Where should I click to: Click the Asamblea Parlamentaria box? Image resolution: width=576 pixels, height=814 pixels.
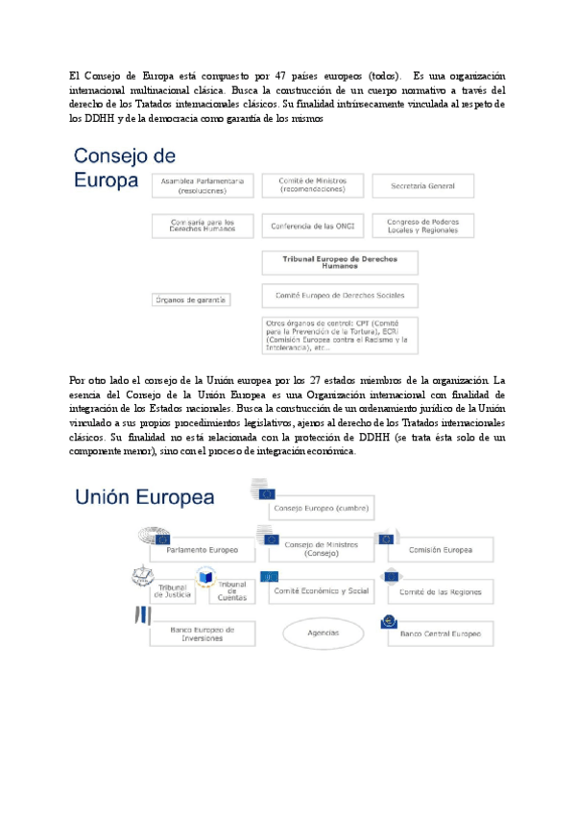point(204,185)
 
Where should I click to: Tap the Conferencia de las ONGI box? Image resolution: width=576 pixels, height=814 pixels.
point(312,226)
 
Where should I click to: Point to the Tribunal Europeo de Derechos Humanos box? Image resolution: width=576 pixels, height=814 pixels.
point(339,262)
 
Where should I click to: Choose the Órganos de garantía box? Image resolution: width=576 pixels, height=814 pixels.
point(191,299)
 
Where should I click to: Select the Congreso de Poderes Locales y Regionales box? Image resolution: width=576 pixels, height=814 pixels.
point(422,226)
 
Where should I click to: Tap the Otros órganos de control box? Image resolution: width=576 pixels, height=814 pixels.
point(339,337)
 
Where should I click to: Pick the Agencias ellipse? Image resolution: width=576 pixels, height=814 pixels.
point(323,634)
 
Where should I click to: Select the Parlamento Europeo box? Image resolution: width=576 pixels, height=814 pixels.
point(202,550)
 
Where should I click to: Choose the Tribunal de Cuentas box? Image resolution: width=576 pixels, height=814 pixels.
point(231,591)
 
